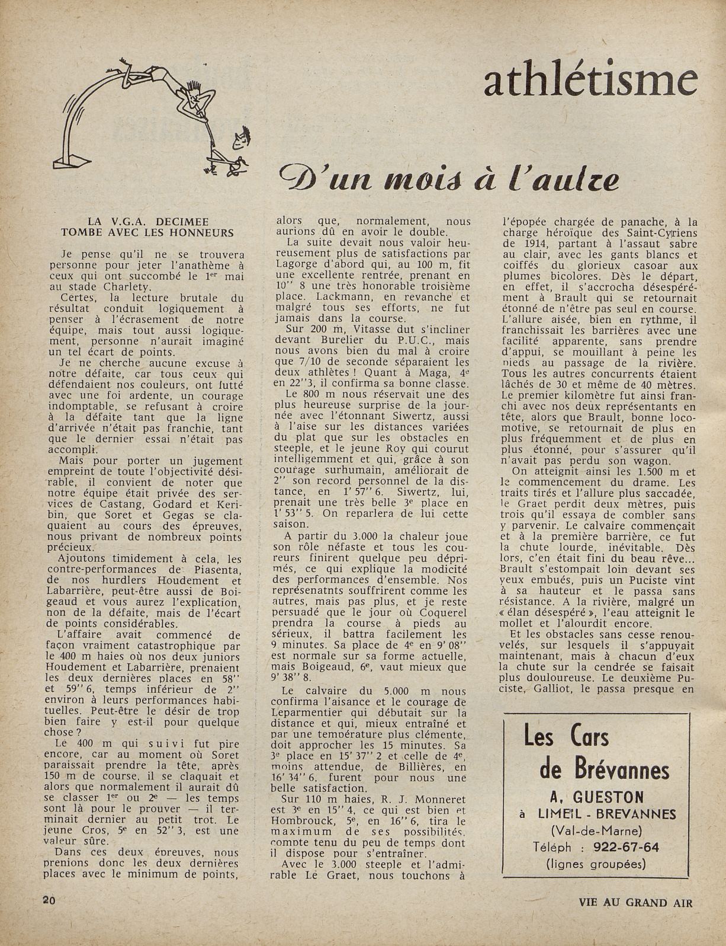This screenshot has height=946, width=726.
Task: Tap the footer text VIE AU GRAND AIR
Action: [x=635, y=903]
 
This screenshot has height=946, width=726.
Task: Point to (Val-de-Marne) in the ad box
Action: [x=596, y=830]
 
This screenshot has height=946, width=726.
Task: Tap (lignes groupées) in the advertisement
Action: [x=596, y=864]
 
